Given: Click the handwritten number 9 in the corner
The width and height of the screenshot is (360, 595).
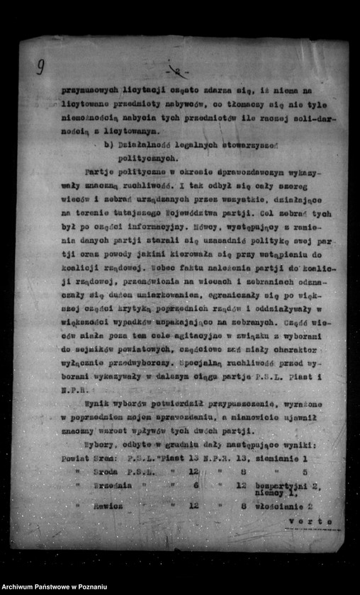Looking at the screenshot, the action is [x=40, y=67].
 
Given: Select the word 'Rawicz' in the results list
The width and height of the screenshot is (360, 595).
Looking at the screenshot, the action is [x=107, y=506].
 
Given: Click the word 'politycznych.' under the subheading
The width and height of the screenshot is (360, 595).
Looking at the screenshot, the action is [x=147, y=159].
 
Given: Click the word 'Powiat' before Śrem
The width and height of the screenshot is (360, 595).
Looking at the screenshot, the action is [x=76, y=458].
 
